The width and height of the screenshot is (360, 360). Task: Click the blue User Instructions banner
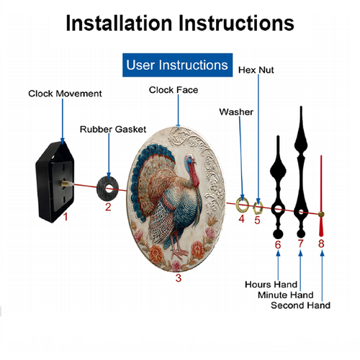pyautogui.click(x=177, y=65)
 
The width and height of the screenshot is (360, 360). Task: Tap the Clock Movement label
pyautogui.click(x=65, y=94)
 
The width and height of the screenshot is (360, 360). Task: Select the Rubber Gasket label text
pyautogui.click(x=113, y=130)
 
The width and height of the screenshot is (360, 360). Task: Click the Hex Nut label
pyautogui.click(x=256, y=70)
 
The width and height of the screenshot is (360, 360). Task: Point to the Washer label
pyautogui.click(x=236, y=112)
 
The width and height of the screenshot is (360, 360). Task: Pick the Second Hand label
pyautogui.click(x=300, y=305)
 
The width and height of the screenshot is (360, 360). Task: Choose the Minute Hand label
pyautogui.click(x=286, y=294)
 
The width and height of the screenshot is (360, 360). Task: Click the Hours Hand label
pyautogui.click(x=271, y=284)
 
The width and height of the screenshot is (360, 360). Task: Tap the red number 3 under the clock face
pyautogui.click(x=179, y=278)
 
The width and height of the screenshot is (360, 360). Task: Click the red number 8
pyautogui.click(x=321, y=243)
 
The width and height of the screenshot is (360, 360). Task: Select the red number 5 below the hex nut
pyautogui.click(x=257, y=220)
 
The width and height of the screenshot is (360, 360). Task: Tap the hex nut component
pyautogui.click(x=258, y=208)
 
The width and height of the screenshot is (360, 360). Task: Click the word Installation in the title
pyautogui.click(x=119, y=23)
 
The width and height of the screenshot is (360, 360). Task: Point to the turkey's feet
pyautogui.click(x=179, y=252)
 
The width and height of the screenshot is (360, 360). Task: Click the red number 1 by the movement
pyautogui.click(x=66, y=217)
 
